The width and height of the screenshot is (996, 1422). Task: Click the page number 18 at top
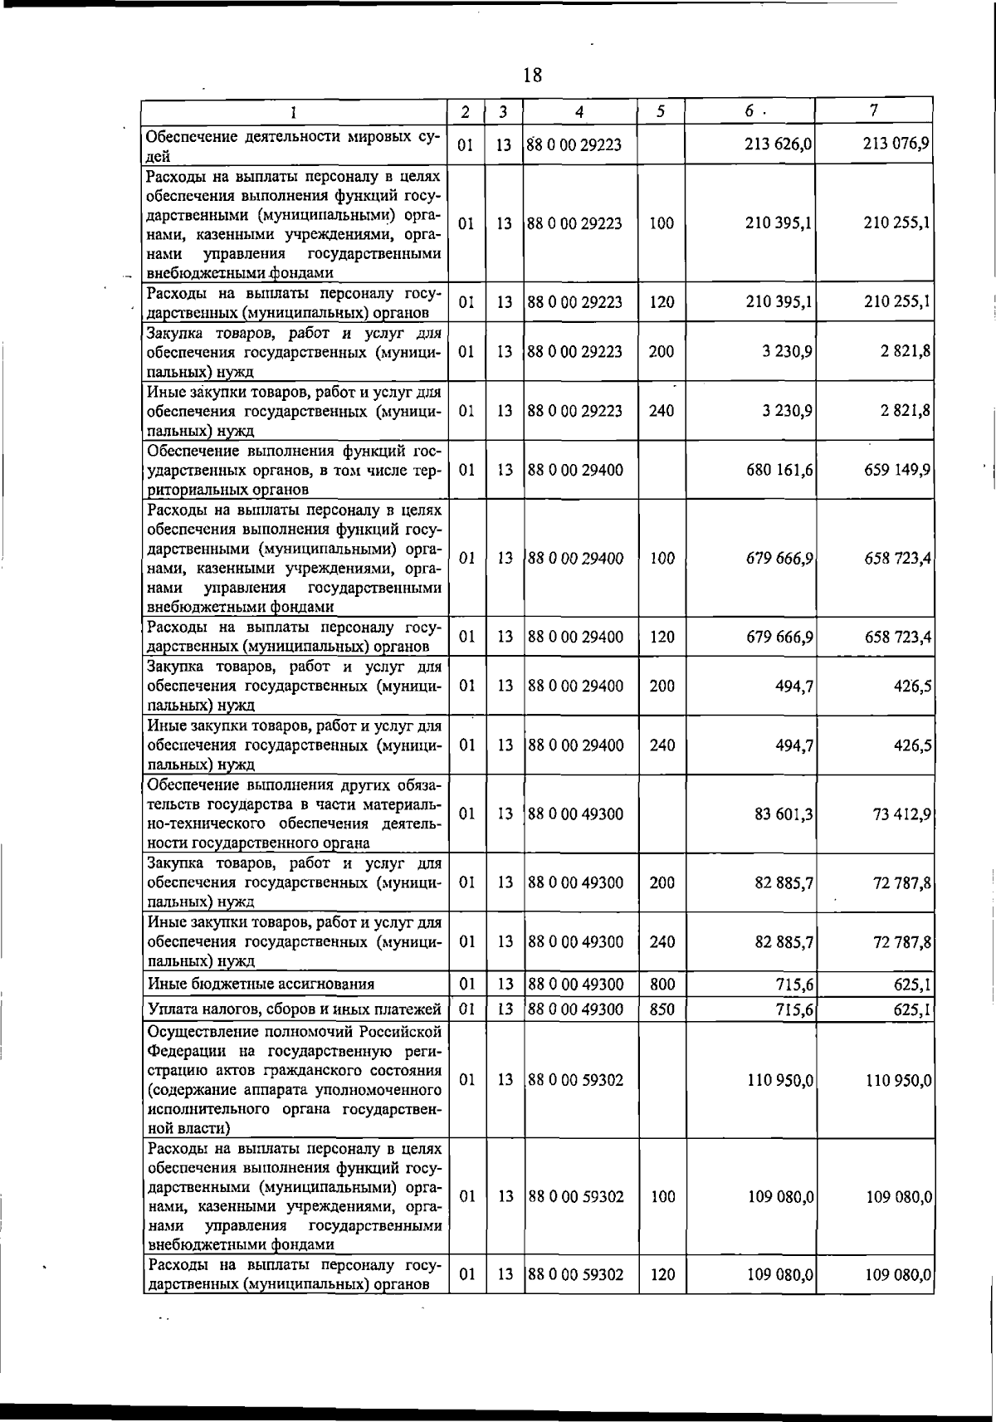tap(532, 76)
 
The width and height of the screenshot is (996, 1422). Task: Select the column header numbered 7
tap(873, 110)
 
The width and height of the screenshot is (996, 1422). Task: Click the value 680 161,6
tap(779, 470)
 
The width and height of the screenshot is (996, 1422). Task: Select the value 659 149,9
tap(896, 470)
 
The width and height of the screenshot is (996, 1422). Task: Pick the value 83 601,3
tap(783, 814)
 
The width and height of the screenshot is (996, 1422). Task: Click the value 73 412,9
tap(901, 814)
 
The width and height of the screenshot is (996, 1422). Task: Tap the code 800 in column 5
tap(662, 985)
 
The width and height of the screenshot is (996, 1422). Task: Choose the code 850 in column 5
tap(662, 1009)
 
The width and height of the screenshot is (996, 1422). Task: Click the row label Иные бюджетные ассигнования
tap(261, 985)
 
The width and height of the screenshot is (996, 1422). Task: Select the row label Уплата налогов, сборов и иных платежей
tap(294, 1009)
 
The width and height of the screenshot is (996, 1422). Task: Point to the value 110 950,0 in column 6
tap(779, 1080)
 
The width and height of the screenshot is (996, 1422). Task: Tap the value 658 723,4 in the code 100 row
tap(896, 559)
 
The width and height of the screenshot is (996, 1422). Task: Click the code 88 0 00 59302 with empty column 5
tap(575, 1080)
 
